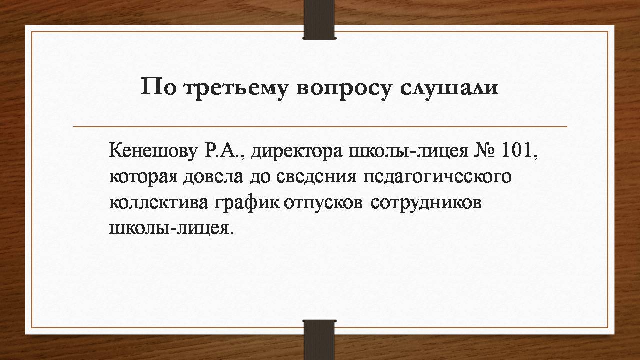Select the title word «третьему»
(235, 89)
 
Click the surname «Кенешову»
(153, 151)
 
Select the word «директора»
(297, 152)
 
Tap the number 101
(516, 150)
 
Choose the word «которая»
(143, 177)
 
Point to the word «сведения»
(316, 177)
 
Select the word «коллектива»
(159, 203)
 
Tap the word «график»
(247, 203)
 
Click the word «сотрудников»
(426, 203)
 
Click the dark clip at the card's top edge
(319, 19)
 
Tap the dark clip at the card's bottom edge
(319, 340)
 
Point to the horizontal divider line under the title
(320, 126)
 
